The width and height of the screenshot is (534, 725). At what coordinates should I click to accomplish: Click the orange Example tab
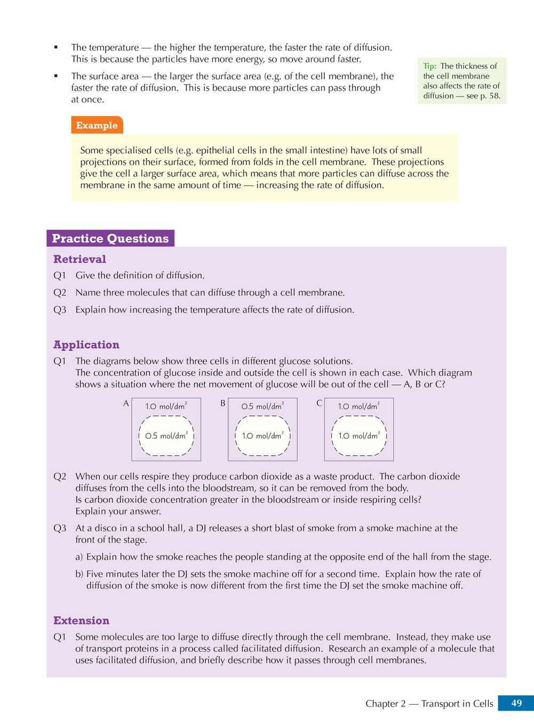click(97, 125)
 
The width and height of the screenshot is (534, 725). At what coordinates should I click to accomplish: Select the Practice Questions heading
click(110, 238)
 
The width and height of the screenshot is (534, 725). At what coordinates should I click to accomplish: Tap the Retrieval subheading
click(79, 259)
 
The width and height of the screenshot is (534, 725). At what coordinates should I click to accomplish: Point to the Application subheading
click(86, 344)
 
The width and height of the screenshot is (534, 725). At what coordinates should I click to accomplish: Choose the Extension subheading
click(81, 621)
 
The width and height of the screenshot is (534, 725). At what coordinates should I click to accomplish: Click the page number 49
click(516, 703)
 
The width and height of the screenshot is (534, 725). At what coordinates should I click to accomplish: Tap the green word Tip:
click(429, 66)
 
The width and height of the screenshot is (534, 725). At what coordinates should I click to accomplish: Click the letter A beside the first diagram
click(126, 404)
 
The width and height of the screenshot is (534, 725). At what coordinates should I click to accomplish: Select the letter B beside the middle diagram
click(222, 404)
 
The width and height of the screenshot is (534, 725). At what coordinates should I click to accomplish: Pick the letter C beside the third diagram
click(319, 404)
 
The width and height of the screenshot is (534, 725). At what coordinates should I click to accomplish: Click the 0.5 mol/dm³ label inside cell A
click(166, 436)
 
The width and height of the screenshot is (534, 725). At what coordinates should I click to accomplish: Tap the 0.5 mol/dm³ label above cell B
click(262, 406)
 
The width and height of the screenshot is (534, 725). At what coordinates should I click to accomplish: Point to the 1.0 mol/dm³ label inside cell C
click(358, 436)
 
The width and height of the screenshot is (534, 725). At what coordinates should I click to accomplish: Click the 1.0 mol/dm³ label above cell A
click(166, 406)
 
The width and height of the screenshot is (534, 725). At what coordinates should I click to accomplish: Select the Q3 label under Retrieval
click(60, 310)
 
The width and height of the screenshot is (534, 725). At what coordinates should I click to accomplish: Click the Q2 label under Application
click(60, 477)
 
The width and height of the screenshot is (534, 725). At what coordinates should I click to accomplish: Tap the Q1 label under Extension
click(60, 637)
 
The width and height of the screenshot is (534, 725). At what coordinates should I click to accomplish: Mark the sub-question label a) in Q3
click(79, 557)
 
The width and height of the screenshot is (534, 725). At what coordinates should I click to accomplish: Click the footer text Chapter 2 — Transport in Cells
click(429, 704)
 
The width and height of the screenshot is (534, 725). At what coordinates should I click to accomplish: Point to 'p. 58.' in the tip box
click(490, 96)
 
